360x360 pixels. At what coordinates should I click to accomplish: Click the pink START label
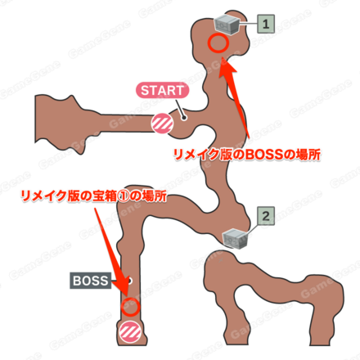click(162, 91)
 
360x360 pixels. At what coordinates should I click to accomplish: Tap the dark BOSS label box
click(91, 281)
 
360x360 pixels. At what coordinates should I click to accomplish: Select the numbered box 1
click(266, 24)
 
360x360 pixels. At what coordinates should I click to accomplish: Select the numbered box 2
click(266, 216)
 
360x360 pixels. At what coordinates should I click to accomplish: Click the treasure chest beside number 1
click(227, 25)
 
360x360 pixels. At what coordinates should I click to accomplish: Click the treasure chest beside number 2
click(236, 238)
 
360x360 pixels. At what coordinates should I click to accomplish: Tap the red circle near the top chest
click(218, 43)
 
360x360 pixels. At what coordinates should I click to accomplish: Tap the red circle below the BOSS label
click(130, 307)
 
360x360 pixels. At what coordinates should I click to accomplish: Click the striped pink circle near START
click(163, 124)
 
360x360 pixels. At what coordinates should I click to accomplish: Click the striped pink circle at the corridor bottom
click(129, 331)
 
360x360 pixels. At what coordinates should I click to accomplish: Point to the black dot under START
click(184, 118)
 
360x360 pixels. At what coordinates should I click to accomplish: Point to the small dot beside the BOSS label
click(129, 281)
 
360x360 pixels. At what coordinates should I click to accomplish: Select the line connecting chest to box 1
click(248, 24)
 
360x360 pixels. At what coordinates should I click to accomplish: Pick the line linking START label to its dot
click(181, 108)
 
